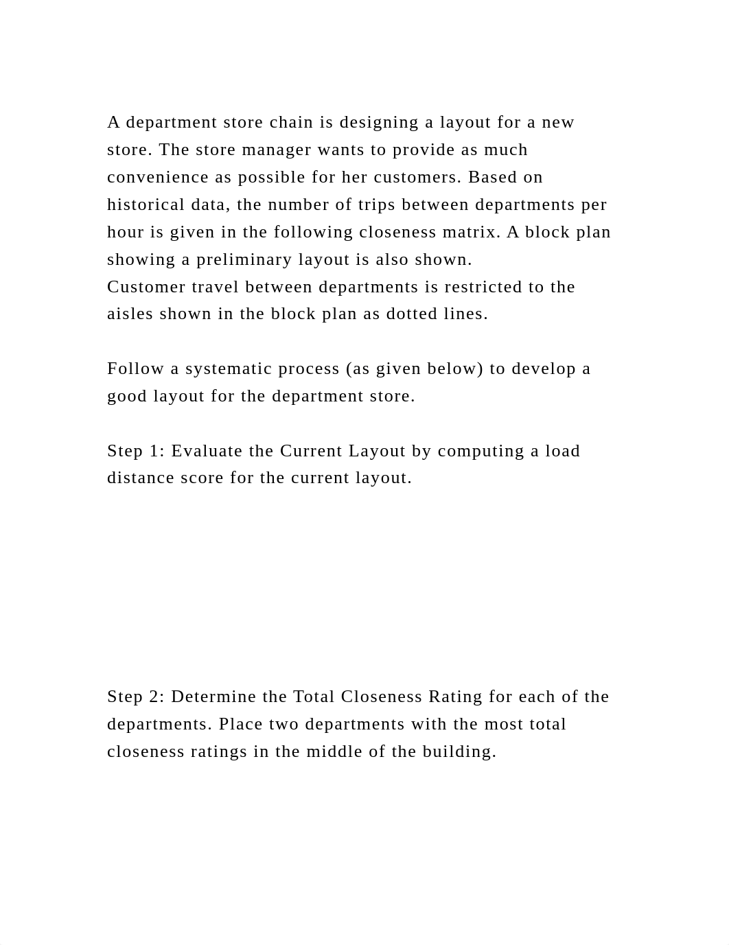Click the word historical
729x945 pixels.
pos(146,205)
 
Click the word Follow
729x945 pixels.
pos(136,369)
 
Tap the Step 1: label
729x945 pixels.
pos(136,451)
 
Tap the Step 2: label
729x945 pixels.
pos(136,697)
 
